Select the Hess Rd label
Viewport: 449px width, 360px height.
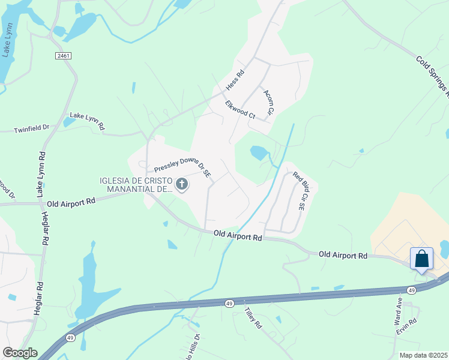click(236, 81)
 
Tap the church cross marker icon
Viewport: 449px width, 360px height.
click(181, 185)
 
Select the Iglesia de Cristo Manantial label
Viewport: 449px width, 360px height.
click(136, 185)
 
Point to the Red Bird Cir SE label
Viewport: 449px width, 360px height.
click(300, 191)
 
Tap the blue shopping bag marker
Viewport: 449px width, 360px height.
click(422, 259)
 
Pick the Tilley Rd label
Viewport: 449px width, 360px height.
click(253, 317)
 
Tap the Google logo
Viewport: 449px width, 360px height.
click(20, 353)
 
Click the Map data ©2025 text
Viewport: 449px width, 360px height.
click(423, 355)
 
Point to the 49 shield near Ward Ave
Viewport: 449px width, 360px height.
click(411, 290)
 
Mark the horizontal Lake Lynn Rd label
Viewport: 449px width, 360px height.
click(87, 121)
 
